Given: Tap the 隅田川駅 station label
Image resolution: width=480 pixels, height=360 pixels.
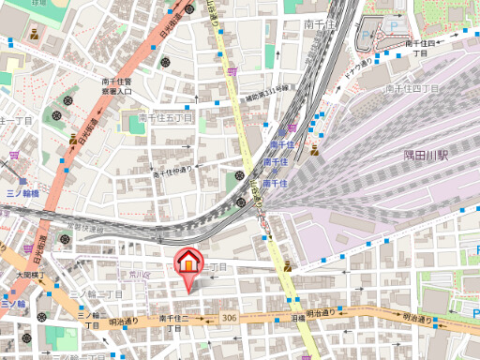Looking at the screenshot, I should [427, 155].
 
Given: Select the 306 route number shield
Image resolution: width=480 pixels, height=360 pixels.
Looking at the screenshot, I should [230, 319].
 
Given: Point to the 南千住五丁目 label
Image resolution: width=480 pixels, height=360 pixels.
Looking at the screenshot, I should [165, 118].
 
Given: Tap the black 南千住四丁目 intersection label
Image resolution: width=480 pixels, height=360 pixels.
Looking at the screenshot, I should [417, 48].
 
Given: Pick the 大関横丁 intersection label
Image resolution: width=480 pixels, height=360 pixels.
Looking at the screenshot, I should [30, 275].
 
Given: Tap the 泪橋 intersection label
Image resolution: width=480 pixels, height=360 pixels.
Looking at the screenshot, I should [298, 319].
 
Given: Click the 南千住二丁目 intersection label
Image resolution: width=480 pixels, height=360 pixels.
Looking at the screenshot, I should [174, 323].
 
